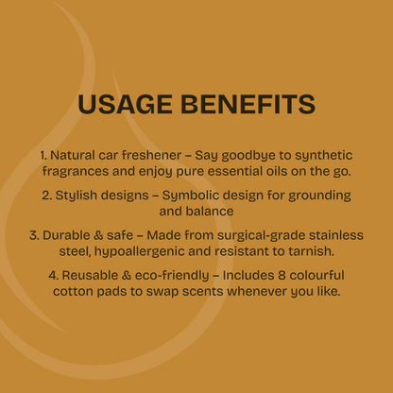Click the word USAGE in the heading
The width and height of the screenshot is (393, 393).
click(x=125, y=104)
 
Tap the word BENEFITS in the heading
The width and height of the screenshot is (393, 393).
click(x=248, y=104)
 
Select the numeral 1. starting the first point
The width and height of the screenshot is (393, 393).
click(x=43, y=155)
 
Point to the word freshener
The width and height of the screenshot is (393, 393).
click(x=151, y=155)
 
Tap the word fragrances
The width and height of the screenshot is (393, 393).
click(x=76, y=172)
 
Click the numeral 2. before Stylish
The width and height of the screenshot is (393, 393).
click(x=47, y=196)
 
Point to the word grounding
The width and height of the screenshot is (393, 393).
click(x=319, y=196)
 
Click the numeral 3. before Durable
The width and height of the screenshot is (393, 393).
click(x=34, y=235)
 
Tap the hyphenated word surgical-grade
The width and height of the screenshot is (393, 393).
click(x=261, y=236)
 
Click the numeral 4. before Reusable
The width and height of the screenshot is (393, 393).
click(x=54, y=275)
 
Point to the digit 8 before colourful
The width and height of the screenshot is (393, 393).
click(x=282, y=275)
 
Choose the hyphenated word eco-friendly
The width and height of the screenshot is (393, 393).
click(x=172, y=276)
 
